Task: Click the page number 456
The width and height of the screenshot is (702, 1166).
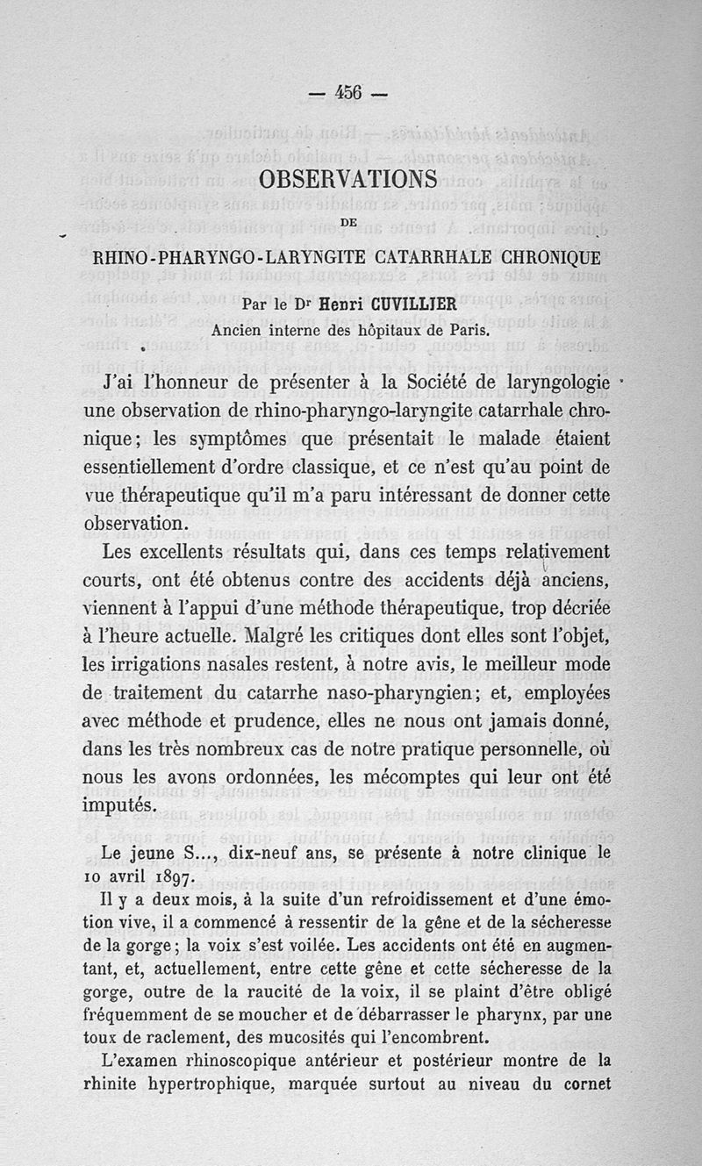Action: coord(350,93)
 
